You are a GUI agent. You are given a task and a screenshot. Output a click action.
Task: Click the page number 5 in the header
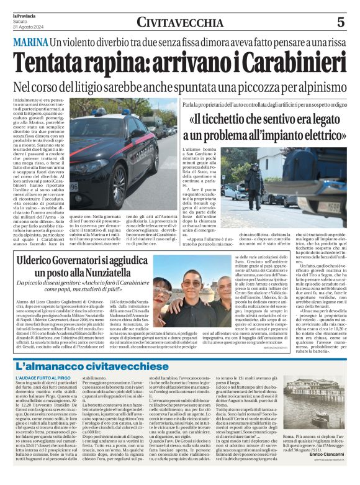pyautogui.click(x=341, y=22)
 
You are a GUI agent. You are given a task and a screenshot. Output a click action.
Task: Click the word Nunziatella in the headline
pyautogui.click(x=116, y=273)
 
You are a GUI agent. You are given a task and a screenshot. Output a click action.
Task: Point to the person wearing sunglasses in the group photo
pyautogui.click(x=194, y=283)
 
